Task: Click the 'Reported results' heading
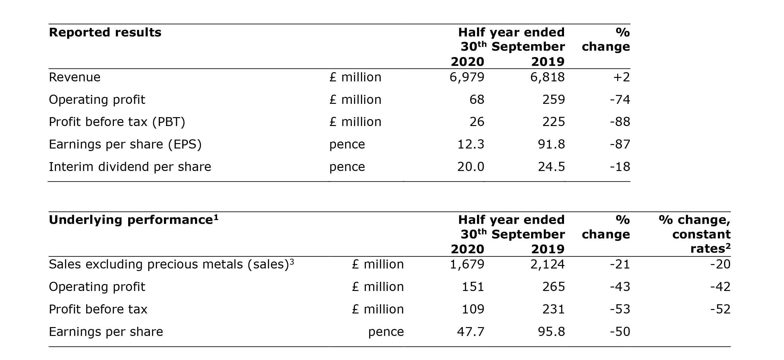(x=105, y=33)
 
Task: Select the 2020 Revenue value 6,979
(x=467, y=77)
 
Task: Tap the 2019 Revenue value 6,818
(x=547, y=77)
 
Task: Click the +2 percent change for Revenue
(x=621, y=77)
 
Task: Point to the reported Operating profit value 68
(x=477, y=100)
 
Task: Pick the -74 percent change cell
(x=620, y=100)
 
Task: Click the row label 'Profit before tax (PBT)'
(x=117, y=122)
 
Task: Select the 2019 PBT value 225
(x=553, y=122)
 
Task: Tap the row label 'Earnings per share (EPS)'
(x=125, y=144)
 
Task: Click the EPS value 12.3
(x=471, y=144)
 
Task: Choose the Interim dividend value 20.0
(x=471, y=167)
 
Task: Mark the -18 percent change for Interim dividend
(x=620, y=167)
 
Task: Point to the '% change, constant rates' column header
(x=695, y=234)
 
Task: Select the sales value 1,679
(x=467, y=264)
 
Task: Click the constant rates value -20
(x=720, y=264)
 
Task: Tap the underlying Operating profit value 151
(x=473, y=287)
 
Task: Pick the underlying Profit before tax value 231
(x=553, y=309)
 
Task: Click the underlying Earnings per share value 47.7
(x=471, y=332)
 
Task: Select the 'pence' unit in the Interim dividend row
(x=347, y=167)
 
